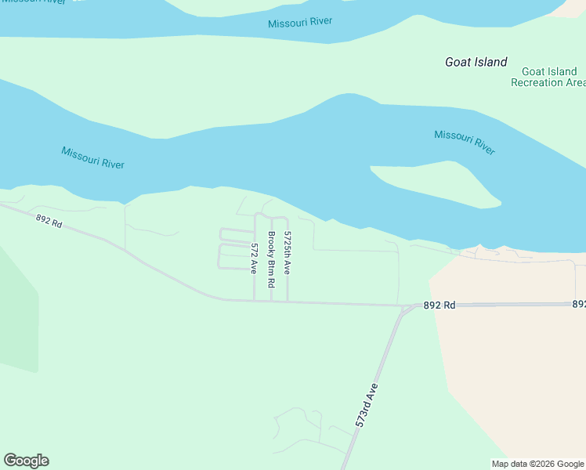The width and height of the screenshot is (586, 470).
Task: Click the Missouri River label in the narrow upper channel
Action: pyautogui.click(x=299, y=23)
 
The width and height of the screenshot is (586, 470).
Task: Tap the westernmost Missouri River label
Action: pyautogui.click(x=92, y=157)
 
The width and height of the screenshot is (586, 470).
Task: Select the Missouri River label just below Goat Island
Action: pyautogui.click(x=465, y=142)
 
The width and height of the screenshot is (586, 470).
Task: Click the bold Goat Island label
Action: pyautogui.click(x=476, y=62)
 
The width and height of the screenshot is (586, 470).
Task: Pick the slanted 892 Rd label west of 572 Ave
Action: pyautogui.click(x=49, y=222)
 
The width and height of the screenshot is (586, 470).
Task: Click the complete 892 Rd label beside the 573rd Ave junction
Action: pyautogui.click(x=439, y=305)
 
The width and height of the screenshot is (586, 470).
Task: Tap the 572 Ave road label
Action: pyautogui.click(x=254, y=258)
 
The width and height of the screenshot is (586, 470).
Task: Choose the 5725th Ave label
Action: pyautogui.click(x=288, y=253)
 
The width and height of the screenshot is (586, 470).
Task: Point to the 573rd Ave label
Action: pyautogui.click(x=367, y=405)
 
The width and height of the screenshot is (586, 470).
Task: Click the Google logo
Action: pyautogui.click(x=26, y=461)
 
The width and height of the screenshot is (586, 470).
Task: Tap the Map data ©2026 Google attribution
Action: pyautogui.click(x=537, y=464)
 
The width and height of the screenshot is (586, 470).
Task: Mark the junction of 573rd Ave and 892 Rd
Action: pyautogui.click(x=402, y=306)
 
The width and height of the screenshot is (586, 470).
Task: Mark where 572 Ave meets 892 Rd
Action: pyautogui.click(x=255, y=301)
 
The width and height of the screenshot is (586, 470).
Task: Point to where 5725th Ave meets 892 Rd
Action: pyautogui.click(x=288, y=302)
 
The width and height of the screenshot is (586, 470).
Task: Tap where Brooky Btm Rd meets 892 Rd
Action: pyautogui.click(x=271, y=301)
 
